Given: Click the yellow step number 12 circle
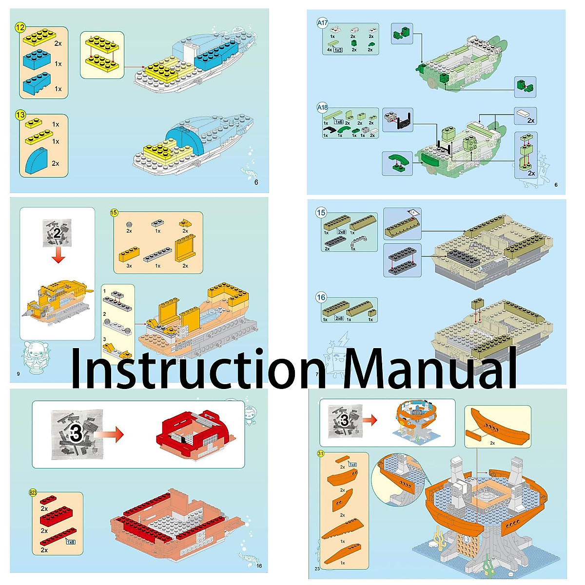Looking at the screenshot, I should tap(20, 28).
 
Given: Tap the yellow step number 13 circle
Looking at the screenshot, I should tap(20, 115).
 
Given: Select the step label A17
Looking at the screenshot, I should tap(322, 23).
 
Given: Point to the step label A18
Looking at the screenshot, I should tap(322, 107).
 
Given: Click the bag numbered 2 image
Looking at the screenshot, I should tap(58, 233).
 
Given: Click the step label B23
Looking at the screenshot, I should tap(33, 492).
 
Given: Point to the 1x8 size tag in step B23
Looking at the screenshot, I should tap(71, 542).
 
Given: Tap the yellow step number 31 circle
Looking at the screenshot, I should tap(321, 453).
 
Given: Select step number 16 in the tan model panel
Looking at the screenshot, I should tap(321, 297).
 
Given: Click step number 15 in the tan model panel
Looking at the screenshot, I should tap(321, 213).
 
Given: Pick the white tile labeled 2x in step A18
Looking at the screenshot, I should tap(523, 114).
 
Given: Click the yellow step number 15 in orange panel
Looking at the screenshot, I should tap(114, 213).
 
